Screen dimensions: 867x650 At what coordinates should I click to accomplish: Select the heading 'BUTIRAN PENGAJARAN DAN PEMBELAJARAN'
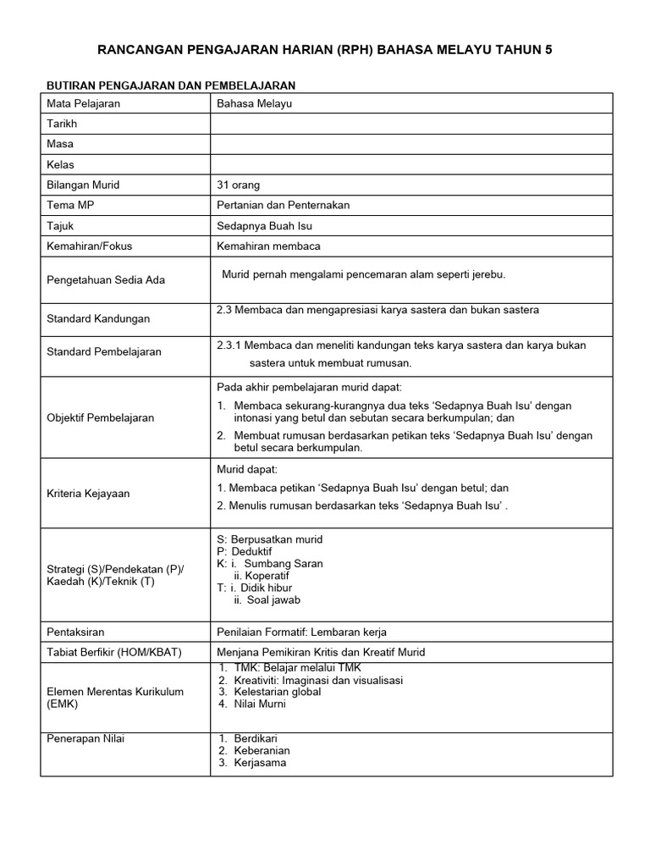point(169,86)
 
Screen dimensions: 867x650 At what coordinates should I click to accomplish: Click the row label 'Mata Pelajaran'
point(84,103)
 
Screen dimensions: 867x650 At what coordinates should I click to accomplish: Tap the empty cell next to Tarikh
point(410,124)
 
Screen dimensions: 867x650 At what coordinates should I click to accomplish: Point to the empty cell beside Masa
point(410,144)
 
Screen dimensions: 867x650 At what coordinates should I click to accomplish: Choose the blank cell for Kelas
point(410,164)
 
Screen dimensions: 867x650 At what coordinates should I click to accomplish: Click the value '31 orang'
point(239,185)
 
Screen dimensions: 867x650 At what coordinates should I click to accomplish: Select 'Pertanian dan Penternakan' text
point(283,205)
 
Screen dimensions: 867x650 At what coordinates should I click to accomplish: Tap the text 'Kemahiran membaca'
point(268,246)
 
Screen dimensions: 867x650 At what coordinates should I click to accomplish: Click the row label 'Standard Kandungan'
point(98,318)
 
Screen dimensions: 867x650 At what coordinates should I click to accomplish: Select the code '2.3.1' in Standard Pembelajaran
point(231,345)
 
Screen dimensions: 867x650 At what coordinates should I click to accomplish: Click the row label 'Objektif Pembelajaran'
point(101,417)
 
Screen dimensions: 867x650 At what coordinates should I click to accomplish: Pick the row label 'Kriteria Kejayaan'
point(89,493)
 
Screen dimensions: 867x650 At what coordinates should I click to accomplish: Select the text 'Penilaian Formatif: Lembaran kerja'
point(302,632)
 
